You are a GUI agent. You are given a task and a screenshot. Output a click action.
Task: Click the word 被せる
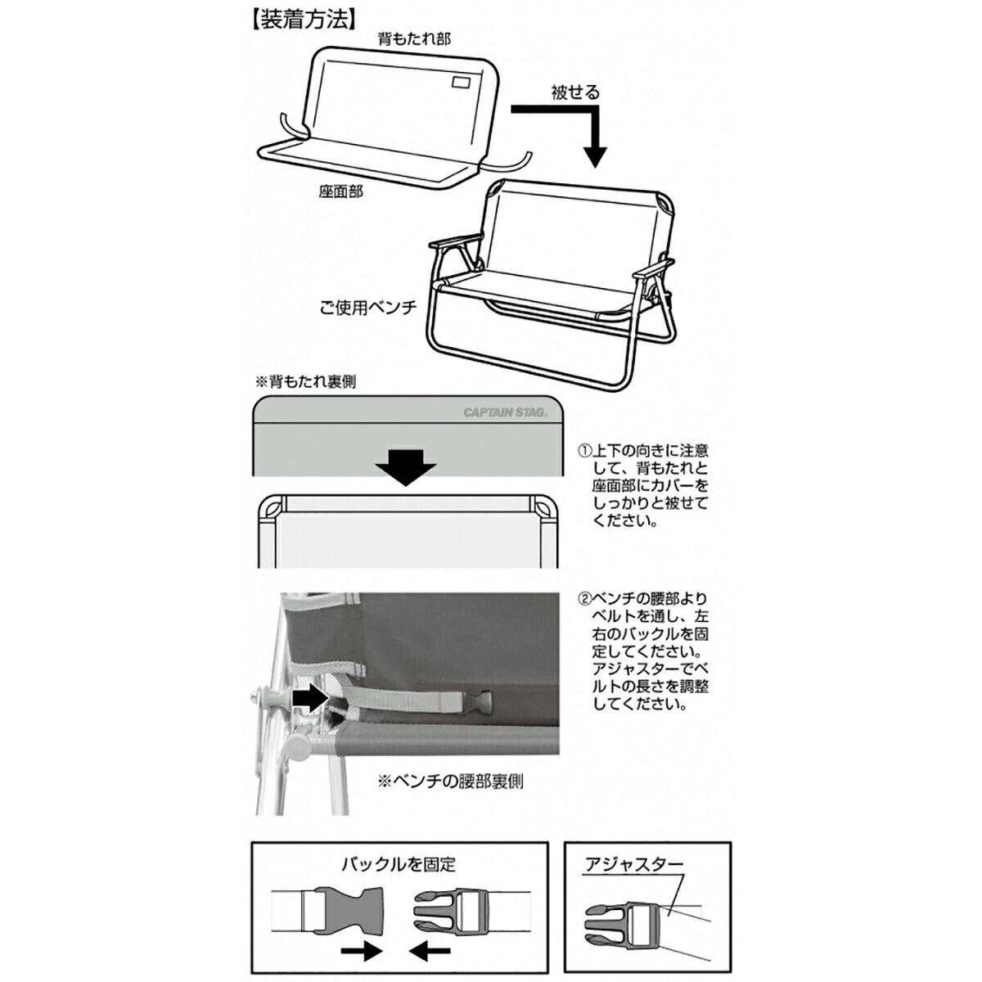click(x=574, y=92)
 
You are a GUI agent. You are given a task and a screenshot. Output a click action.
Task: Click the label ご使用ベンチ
click(x=368, y=309)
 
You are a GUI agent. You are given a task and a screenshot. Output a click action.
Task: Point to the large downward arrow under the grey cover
click(x=406, y=466)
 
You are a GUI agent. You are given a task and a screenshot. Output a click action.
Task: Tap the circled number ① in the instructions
click(x=584, y=451)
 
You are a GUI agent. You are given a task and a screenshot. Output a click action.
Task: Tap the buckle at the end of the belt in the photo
click(x=480, y=701)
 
